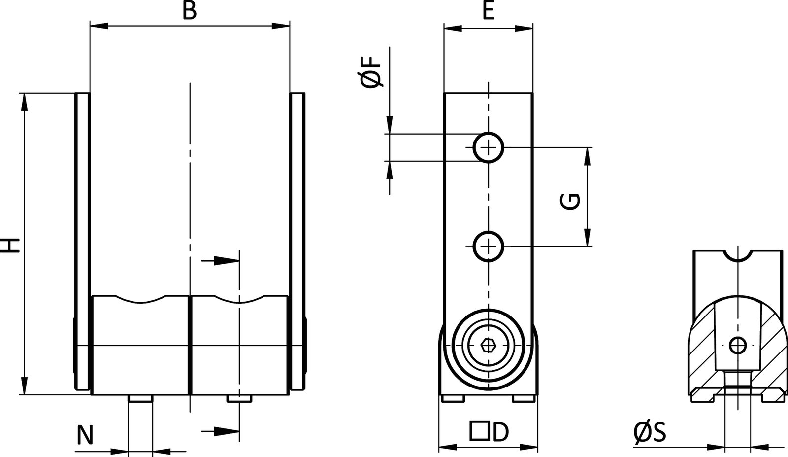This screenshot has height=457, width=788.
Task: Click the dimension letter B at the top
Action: click(x=189, y=11)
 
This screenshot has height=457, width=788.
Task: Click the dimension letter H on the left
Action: click(x=11, y=245)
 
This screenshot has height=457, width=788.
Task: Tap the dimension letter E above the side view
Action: click(x=488, y=11)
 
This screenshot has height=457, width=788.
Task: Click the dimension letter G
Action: click(x=571, y=201)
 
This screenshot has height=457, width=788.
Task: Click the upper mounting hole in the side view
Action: click(x=488, y=147)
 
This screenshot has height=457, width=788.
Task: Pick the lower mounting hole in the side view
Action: click(x=488, y=246)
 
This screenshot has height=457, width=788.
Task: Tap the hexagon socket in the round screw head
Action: click(x=488, y=346)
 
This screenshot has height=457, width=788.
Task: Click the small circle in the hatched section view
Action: click(x=738, y=345)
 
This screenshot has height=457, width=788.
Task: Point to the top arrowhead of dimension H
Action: click(x=24, y=101)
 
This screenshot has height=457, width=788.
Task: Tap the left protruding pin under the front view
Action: click(x=141, y=399)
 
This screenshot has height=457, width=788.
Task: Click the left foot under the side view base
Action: click(x=452, y=398)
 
